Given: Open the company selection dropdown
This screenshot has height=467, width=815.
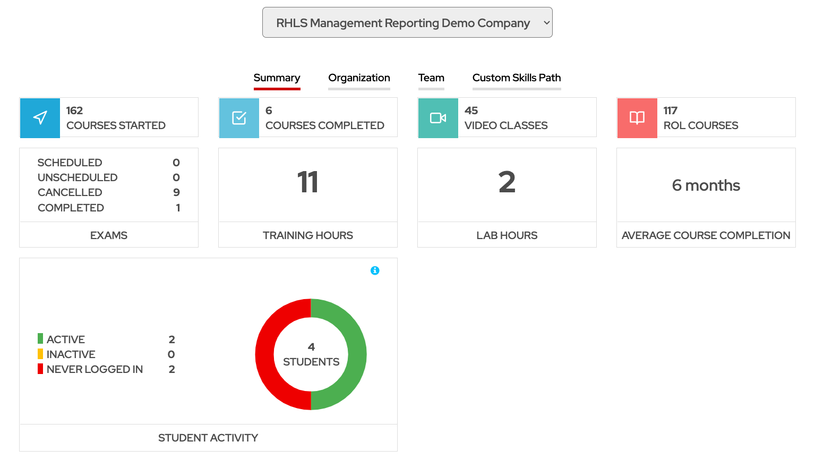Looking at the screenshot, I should tap(407, 23).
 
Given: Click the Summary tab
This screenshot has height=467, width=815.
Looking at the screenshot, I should tap(277, 78).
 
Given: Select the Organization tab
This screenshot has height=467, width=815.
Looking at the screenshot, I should tap(359, 78).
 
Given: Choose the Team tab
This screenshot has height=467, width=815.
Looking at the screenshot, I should tap(431, 78).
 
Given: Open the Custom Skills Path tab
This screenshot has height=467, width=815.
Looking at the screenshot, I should tap(517, 78).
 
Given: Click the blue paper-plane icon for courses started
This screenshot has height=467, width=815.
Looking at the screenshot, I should tap(40, 118).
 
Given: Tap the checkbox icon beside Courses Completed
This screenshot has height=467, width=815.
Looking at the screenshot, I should tap(239, 118).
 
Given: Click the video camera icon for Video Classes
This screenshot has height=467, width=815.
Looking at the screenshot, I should tap(438, 118).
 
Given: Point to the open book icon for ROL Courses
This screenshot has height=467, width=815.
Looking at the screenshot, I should tap(637, 118).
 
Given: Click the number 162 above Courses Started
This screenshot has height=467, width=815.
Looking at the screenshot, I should tap(74, 111).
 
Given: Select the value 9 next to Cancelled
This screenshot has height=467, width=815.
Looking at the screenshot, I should tap(176, 192).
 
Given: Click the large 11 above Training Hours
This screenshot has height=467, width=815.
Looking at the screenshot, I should tap(308, 182).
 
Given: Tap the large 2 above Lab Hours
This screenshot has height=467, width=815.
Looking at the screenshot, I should tap(507, 182).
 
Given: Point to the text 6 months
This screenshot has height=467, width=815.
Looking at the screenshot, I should tap(706, 185).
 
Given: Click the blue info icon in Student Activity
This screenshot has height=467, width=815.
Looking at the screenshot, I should tap(375, 270).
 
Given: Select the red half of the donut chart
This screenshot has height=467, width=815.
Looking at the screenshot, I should tap(265, 354).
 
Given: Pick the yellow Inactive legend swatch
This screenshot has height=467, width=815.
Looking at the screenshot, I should tap(40, 354).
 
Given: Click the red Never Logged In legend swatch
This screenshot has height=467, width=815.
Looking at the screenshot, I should tap(40, 369).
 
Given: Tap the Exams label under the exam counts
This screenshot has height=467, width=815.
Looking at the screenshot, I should tap(109, 235).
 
